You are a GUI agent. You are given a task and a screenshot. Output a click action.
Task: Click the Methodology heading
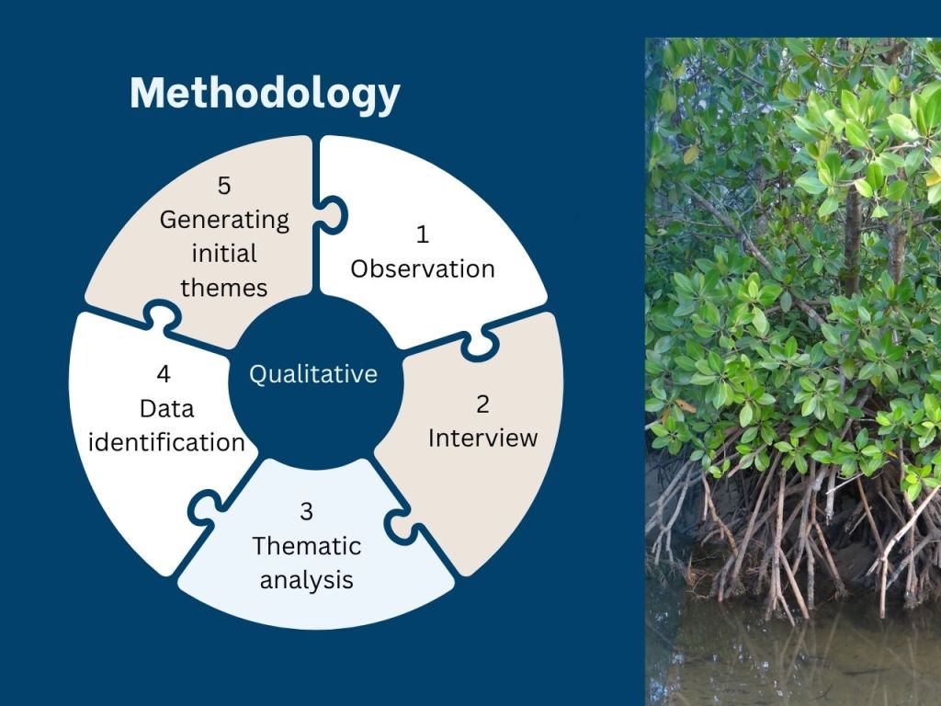265,95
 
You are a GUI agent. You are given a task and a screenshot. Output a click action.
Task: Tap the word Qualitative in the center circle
313,375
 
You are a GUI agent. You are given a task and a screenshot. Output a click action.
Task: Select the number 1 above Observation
423,234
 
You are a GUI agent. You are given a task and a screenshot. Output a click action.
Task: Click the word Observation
423,269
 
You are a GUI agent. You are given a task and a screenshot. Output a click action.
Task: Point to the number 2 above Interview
482,404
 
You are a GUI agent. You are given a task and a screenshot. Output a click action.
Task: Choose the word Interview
482,438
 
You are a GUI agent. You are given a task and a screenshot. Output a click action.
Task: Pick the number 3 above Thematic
306,511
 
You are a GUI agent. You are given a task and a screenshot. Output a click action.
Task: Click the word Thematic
307,546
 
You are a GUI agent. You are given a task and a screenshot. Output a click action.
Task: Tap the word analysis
307,581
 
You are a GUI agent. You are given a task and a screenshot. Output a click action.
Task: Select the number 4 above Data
164,374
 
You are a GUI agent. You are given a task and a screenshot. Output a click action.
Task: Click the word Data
167,409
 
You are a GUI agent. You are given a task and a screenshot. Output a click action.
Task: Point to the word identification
166,443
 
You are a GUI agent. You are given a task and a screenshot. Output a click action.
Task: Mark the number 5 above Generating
224,186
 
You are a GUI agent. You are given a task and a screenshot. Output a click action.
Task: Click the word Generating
224,221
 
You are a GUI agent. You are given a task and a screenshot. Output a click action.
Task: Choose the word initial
224,254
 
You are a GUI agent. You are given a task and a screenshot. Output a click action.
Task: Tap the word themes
224,288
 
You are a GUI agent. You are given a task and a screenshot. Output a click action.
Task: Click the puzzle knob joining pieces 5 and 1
332,214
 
